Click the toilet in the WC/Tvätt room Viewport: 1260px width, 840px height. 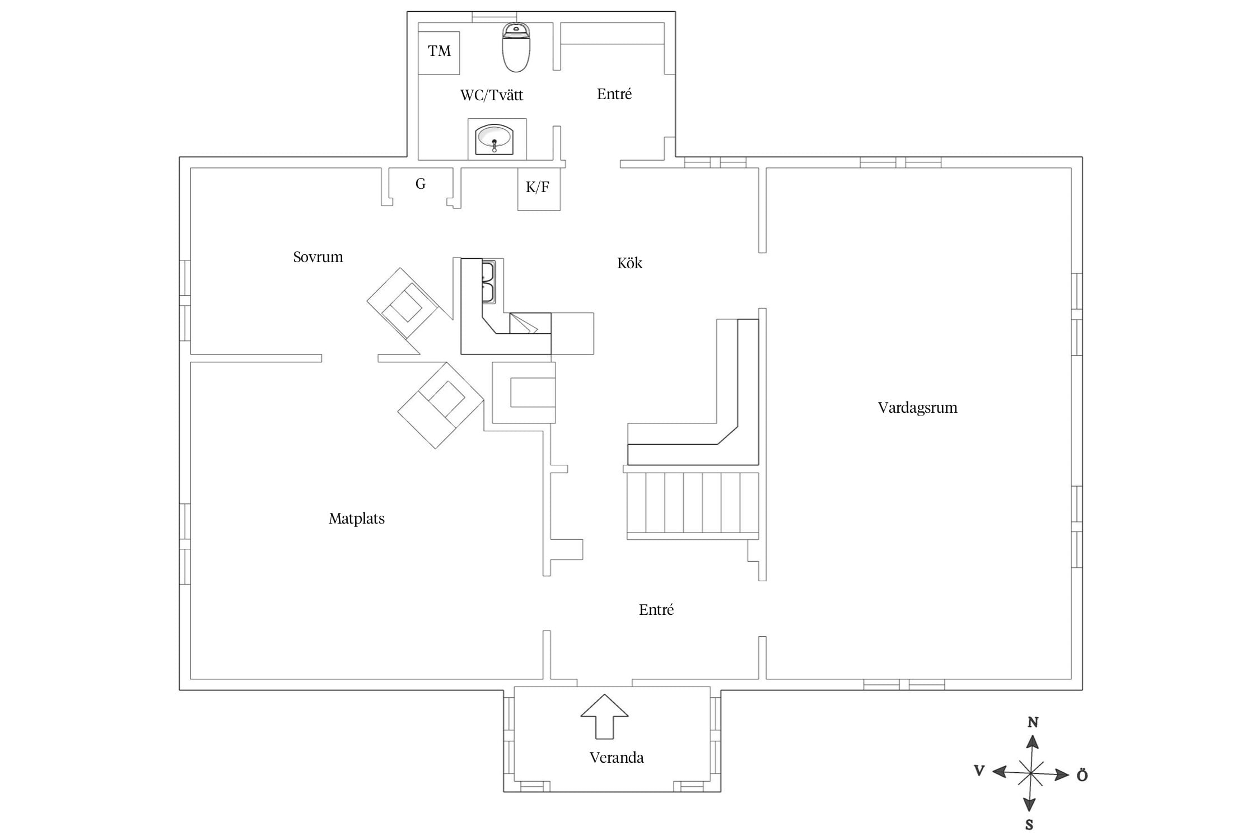pos(516,48)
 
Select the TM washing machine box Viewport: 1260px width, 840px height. pos(439,53)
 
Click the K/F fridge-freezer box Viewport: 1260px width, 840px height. pos(539,189)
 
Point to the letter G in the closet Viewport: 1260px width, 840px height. pos(421,184)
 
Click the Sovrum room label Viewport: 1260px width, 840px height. pos(318,257)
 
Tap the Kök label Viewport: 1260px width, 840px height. pos(629,263)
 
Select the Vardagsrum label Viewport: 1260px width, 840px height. pos(917,408)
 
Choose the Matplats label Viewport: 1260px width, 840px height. pos(357,519)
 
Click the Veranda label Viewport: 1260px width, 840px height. pos(617,758)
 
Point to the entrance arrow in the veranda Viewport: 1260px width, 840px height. pos(604,717)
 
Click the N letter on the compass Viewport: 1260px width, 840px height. pos(1033,722)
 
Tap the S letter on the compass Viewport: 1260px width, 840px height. pos(1029,824)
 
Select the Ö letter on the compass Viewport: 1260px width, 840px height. pos(1082,775)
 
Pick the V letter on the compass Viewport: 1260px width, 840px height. pos(979,771)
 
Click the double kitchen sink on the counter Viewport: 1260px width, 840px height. pos(488,282)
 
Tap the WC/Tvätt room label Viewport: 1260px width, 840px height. pos(492,95)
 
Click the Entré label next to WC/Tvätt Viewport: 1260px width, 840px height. pos(614,94)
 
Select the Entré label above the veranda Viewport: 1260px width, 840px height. pos(656,610)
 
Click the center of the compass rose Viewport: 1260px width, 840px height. pos(1030,774)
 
